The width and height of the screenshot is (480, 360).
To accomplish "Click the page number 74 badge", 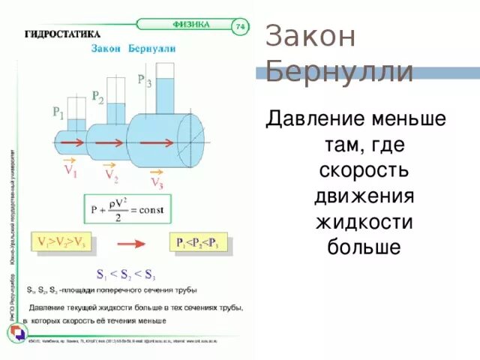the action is tap(240, 27).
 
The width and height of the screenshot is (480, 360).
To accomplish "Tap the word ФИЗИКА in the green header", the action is tap(192, 24).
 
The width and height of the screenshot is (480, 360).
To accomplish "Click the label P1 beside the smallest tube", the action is tap(58, 113).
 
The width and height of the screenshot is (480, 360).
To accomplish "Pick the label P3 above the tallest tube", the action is tap(144, 80).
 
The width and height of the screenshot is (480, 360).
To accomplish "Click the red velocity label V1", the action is tap(72, 170).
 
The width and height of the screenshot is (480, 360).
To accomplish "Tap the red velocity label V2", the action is tap(110, 176).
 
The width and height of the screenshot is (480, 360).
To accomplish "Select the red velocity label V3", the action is tap(157, 182).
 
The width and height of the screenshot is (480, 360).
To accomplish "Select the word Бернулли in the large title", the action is tap(340, 72).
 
